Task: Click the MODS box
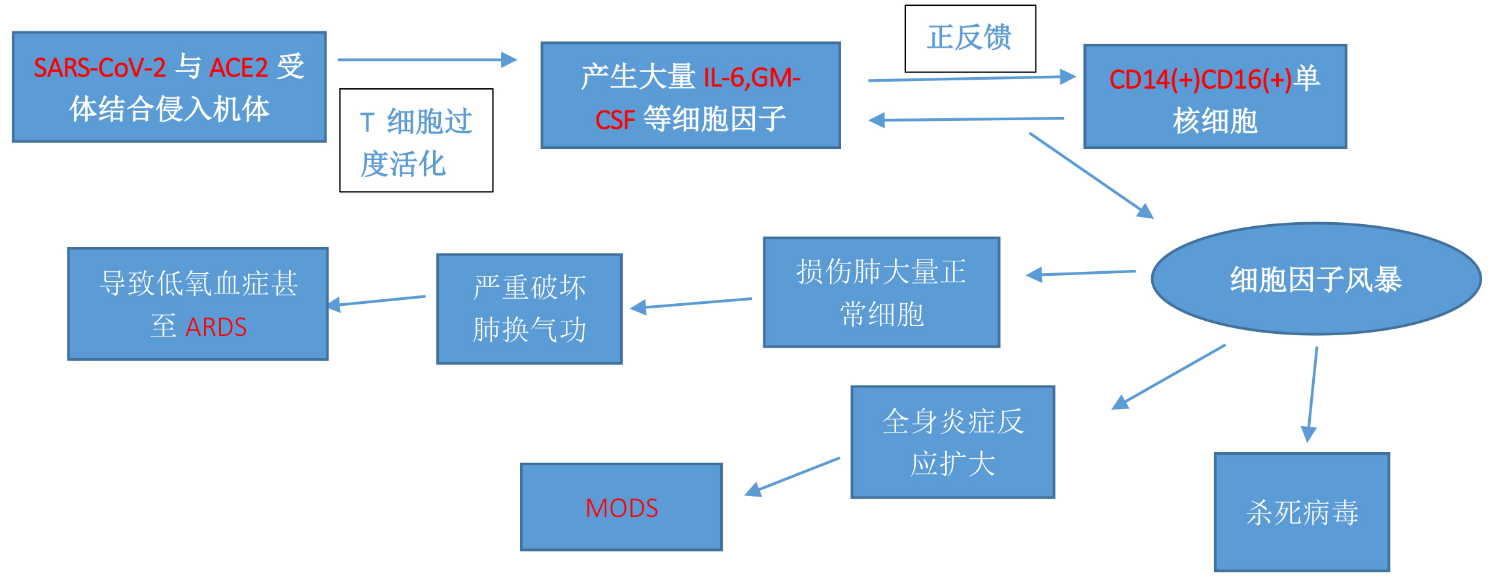pos(621,507)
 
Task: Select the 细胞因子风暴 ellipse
pos(1315,279)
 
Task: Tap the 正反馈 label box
pos(969,38)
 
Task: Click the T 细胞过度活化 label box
pos(416,140)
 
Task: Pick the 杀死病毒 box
pos(1302,512)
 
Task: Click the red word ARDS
pos(216,327)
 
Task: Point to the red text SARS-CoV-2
pos(99,68)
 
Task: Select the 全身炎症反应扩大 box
pos(952,442)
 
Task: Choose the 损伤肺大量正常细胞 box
pos(881,292)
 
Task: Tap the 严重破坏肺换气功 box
pos(529,308)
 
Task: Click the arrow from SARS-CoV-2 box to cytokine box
pos(426,60)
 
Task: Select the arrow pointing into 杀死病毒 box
pos(1312,395)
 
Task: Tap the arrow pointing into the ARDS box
pos(377,301)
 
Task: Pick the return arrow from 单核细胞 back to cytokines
pos(967,120)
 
